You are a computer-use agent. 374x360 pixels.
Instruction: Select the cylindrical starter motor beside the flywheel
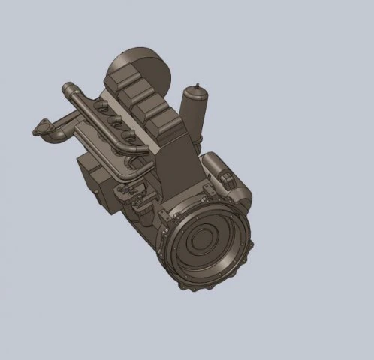pyautogui.click(x=225, y=176)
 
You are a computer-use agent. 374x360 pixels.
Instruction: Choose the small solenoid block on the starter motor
pyautogui.click(x=225, y=177)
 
